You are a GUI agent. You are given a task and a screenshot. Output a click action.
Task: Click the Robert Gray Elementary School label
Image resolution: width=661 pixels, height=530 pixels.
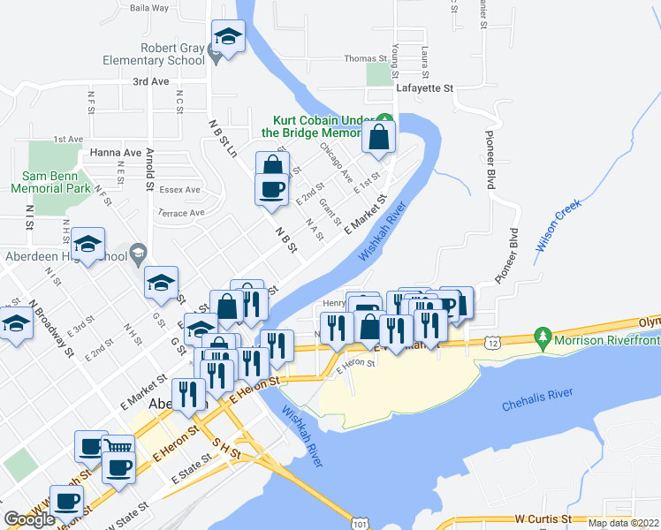152,54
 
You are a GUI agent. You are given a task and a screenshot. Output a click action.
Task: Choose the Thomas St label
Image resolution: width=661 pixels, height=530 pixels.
366,59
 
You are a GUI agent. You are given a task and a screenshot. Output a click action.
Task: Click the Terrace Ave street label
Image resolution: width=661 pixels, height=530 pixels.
180,213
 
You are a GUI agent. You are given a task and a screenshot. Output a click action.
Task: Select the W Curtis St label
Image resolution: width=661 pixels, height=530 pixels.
545,519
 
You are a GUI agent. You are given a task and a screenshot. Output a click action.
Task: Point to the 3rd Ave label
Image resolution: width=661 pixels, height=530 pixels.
150,81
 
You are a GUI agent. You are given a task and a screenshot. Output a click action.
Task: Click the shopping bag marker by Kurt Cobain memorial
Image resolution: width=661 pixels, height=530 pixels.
378,139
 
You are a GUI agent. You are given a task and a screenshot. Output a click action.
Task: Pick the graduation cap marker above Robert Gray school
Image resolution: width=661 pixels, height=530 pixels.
228,37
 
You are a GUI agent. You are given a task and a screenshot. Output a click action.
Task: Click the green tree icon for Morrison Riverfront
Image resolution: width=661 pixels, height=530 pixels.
541,337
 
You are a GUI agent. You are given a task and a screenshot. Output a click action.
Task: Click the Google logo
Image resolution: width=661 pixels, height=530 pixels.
30,519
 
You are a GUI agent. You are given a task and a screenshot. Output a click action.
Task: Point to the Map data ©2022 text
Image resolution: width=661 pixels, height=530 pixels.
623,523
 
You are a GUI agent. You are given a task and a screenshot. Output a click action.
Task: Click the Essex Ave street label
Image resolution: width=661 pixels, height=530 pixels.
180,190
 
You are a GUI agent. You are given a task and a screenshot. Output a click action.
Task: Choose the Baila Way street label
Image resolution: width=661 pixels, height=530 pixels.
148,8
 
